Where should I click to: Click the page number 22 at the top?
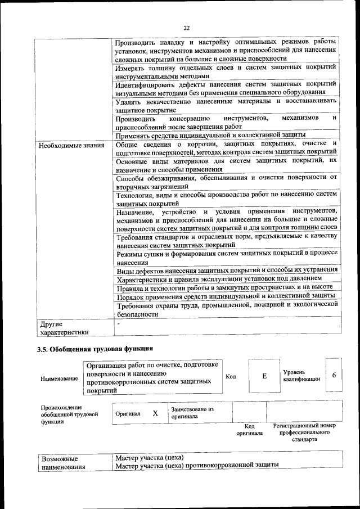(x=186, y=26)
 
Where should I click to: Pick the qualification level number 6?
(x=334, y=375)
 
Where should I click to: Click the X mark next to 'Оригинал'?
(x=155, y=413)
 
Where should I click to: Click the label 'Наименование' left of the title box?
(x=59, y=379)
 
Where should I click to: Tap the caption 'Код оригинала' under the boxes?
(x=249, y=430)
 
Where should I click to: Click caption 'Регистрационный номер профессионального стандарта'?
(x=304, y=433)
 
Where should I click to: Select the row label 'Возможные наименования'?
(x=63, y=462)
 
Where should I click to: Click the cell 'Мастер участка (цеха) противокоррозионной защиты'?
(x=197, y=466)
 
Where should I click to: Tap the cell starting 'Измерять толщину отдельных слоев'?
(x=226, y=71)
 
